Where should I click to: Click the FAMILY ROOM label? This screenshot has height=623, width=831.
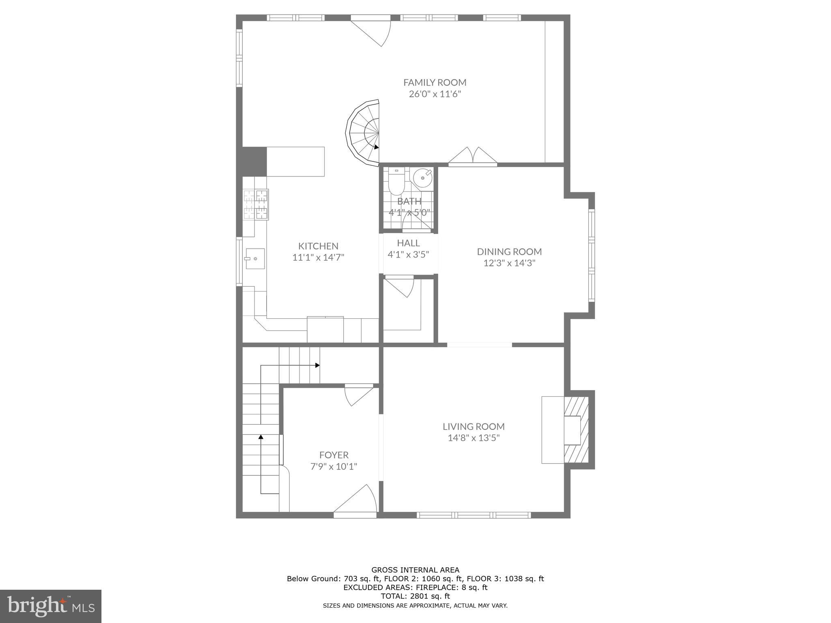435,82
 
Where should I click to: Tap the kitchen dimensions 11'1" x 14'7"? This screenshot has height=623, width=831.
318,257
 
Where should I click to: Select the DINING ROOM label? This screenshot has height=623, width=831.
509,251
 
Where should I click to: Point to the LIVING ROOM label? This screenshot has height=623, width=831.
474,426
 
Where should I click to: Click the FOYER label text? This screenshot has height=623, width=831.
334,455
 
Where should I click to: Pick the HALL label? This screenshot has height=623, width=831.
408,243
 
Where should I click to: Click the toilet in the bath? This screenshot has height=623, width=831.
396,183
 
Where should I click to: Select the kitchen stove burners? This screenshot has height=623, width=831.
256,205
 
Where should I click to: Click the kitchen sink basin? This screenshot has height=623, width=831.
255,258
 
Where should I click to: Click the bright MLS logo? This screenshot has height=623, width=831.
51,606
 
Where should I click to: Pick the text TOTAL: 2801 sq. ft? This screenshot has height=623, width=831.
415,596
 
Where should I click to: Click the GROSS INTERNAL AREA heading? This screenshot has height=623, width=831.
415,570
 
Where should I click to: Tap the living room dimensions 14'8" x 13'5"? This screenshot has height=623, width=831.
474,438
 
